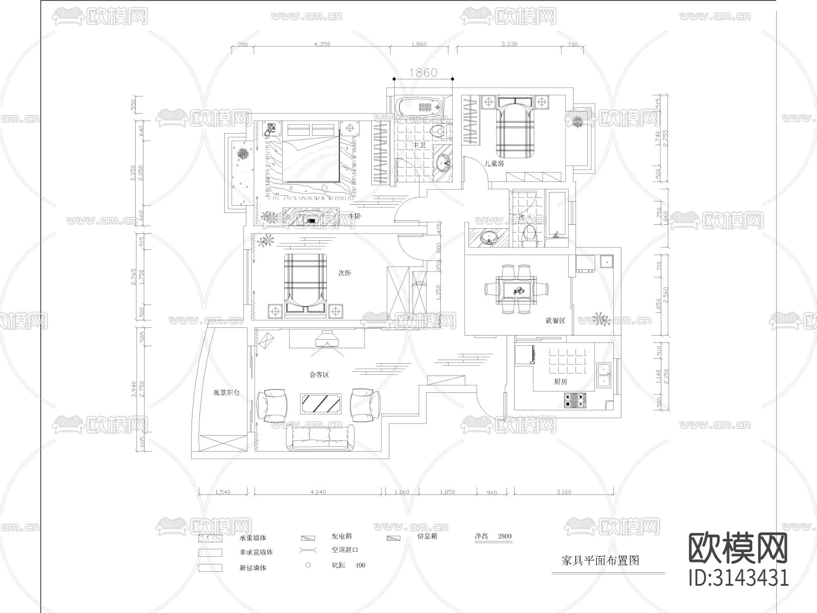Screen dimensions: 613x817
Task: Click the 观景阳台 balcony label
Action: [226, 393]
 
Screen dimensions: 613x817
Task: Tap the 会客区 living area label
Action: [319, 375]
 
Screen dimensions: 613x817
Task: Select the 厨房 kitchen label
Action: [561, 381]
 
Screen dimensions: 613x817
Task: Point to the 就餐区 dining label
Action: [555, 321]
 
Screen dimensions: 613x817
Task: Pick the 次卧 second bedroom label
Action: [345, 273]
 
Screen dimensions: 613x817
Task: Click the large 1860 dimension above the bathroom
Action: [423, 73]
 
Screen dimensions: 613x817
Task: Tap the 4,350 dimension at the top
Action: [322, 44]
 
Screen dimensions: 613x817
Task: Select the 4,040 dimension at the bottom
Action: [318, 492]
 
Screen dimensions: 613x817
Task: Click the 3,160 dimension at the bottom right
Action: [564, 492]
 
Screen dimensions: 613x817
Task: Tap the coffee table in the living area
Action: [321, 403]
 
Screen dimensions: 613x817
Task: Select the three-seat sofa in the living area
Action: [320, 438]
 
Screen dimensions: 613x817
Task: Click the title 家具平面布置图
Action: [600, 560]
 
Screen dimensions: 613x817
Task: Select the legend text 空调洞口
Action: [345, 550]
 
